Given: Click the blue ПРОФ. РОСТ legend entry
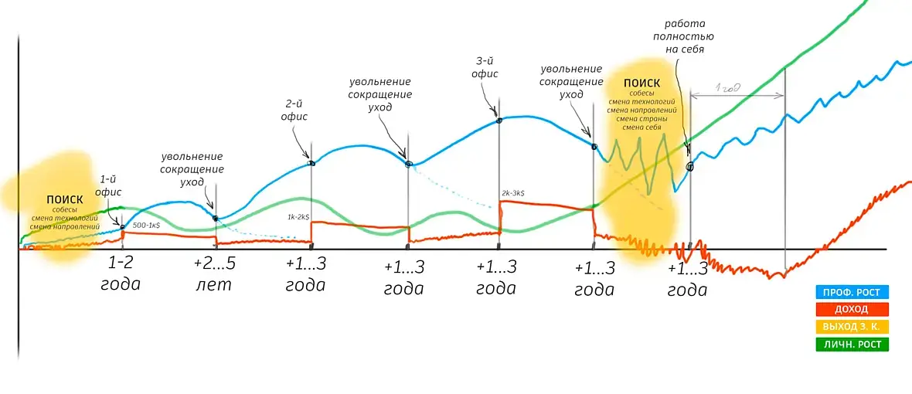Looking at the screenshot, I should pyautogui.click(x=852, y=292).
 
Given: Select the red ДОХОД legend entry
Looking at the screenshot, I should pyautogui.click(x=852, y=309).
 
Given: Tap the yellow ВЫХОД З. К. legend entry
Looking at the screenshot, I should pyautogui.click(x=852, y=327).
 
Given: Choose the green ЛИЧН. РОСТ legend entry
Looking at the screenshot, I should pyautogui.click(x=852, y=345).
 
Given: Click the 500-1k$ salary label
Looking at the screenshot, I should pyautogui.click(x=147, y=225).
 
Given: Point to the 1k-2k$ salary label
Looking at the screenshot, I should pyautogui.click(x=299, y=218).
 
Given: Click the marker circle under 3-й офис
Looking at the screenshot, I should pyautogui.click(x=499, y=121).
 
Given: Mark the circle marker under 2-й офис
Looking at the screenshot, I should pyautogui.click(x=311, y=162).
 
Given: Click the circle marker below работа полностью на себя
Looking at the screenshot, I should pyautogui.click(x=689, y=165).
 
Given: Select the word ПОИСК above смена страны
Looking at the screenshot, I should pyautogui.click(x=641, y=83).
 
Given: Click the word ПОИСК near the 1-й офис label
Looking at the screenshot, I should pyautogui.click(x=64, y=200).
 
